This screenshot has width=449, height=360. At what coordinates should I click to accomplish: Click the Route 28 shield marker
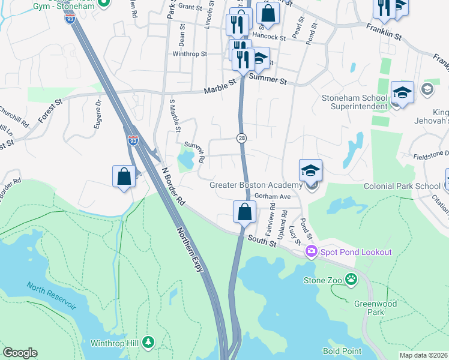pyautogui.click(x=241, y=137)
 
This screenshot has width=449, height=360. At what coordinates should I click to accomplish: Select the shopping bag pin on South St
pyautogui.click(x=244, y=212)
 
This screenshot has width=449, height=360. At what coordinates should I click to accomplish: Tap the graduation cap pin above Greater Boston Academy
pyautogui.click(x=310, y=170)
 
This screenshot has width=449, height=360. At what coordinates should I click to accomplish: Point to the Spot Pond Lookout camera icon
pyautogui.click(x=311, y=251)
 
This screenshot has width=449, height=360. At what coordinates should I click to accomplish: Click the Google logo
pyautogui.click(x=20, y=353)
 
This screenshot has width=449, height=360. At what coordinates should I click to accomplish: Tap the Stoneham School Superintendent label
pyautogui.click(x=359, y=102)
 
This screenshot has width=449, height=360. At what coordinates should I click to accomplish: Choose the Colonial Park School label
pyautogui.click(x=402, y=186)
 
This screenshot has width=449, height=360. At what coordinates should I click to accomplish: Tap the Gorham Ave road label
pyautogui.click(x=272, y=196)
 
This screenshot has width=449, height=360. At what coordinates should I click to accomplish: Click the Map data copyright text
pyautogui.click(x=423, y=355)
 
